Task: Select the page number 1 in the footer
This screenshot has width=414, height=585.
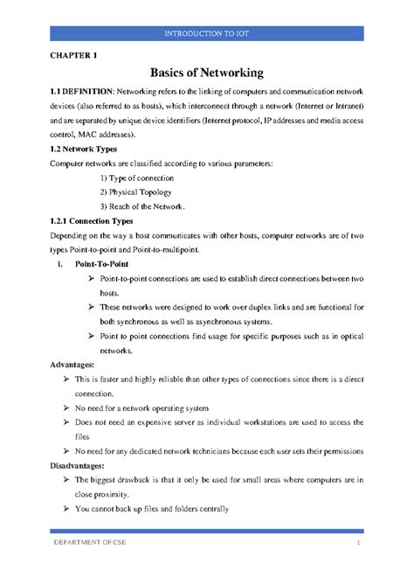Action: [357, 546]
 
